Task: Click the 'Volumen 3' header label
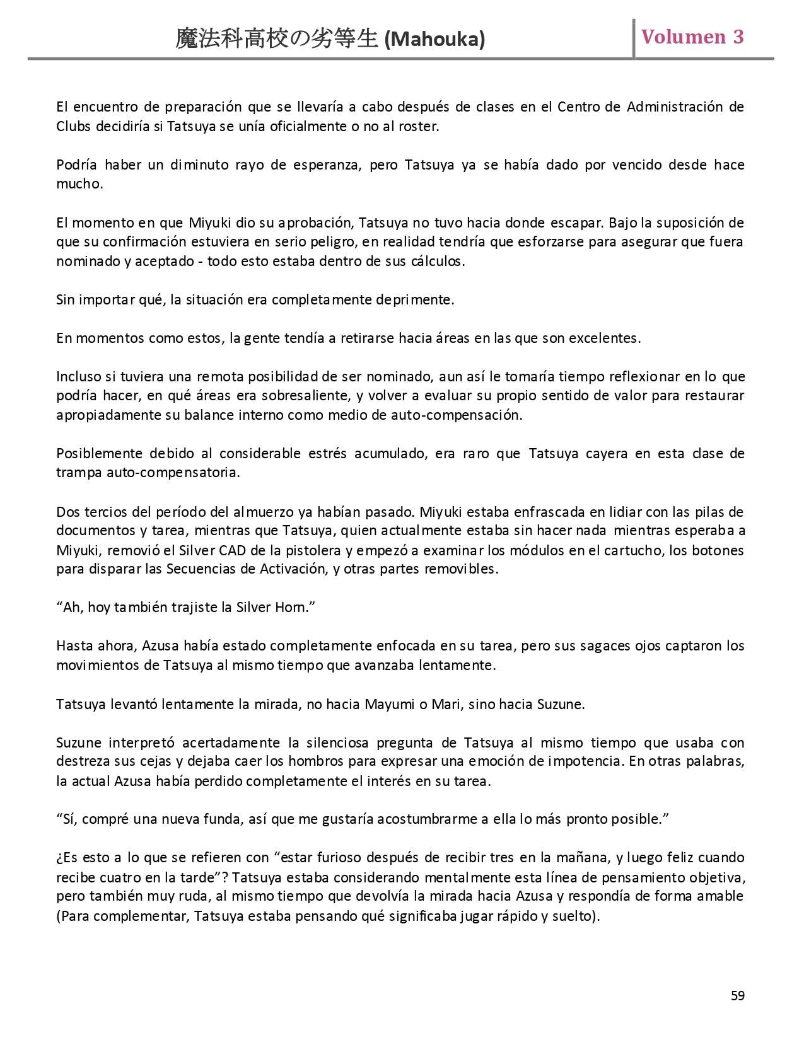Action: click(x=692, y=37)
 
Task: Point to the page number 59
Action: click(x=737, y=996)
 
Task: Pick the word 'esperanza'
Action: click(x=325, y=165)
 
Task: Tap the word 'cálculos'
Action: click(x=440, y=261)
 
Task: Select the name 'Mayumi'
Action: click(x=385, y=704)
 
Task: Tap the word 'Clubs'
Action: click(x=74, y=126)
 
